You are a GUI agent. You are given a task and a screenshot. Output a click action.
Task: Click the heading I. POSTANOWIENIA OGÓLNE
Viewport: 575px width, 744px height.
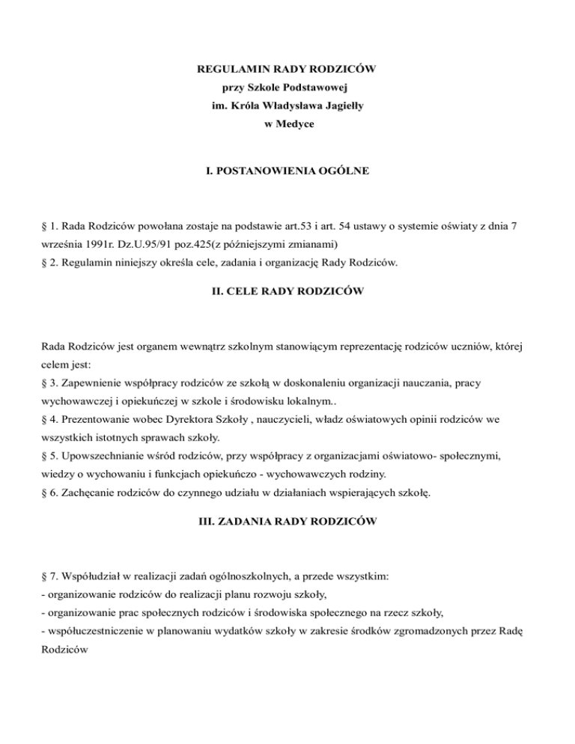[x=287, y=171]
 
